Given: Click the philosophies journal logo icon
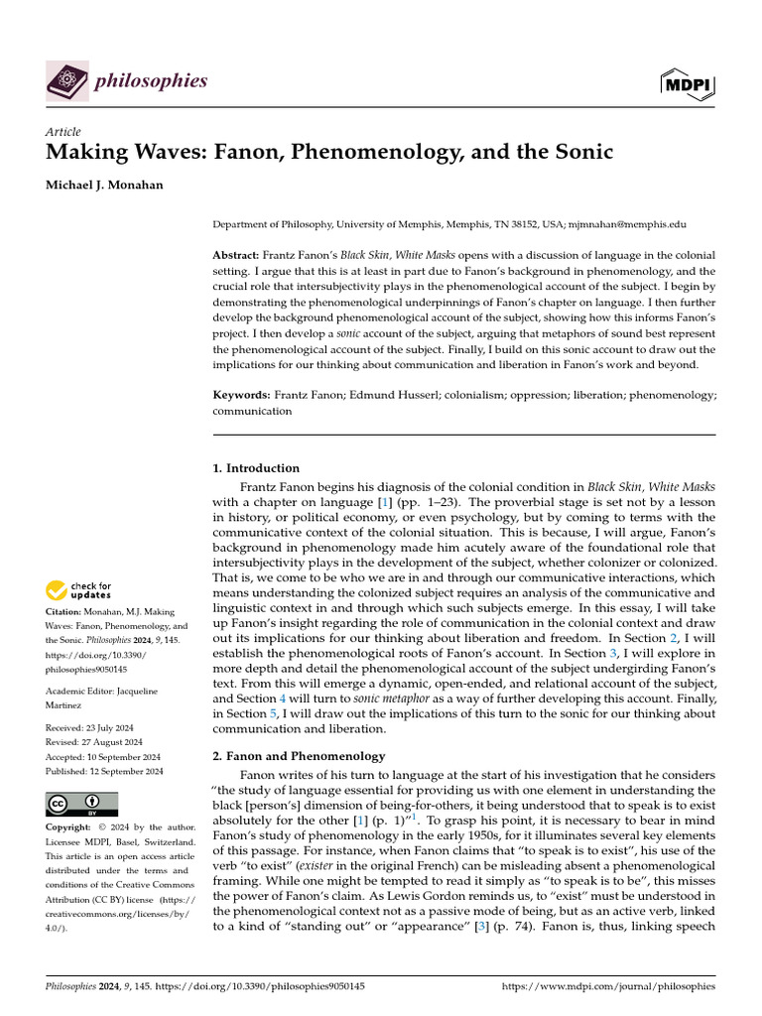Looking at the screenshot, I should pyautogui.click(x=66, y=79).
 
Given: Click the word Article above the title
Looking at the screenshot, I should pyautogui.click(x=63, y=132).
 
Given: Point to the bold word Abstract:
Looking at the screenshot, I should pyautogui.click(x=242, y=255).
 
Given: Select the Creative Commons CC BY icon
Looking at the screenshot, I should pyautogui.click(x=81, y=804).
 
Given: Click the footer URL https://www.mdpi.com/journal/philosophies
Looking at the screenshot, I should pyautogui.click(x=609, y=987).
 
